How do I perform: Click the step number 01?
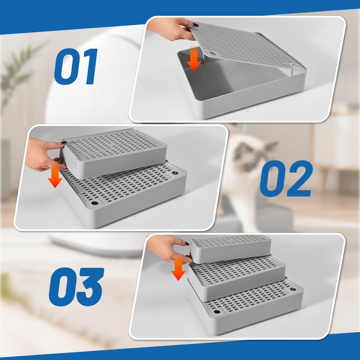pos(76,67)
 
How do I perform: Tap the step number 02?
pos(286,179)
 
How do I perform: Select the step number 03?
pos(76,287)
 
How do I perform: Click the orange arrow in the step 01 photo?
pos(194,61)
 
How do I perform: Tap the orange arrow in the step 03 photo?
pos(178,270)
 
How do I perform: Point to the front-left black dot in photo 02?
pos(95,203)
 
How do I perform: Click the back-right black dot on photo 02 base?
pos(175,173)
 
